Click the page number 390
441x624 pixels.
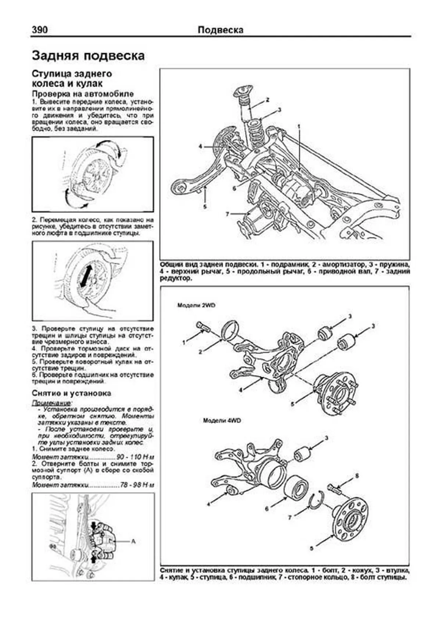[40, 30]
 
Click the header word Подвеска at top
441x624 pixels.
[220, 30]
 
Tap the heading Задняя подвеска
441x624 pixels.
[88, 56]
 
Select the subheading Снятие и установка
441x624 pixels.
[71, 393]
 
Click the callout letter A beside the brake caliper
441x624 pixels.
[133, 541]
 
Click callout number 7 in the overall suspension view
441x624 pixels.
[227, 214]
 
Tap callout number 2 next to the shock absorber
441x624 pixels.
[268, 100]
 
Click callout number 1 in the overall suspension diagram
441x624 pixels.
[299, 126]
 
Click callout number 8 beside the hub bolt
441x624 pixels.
[356, 477]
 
